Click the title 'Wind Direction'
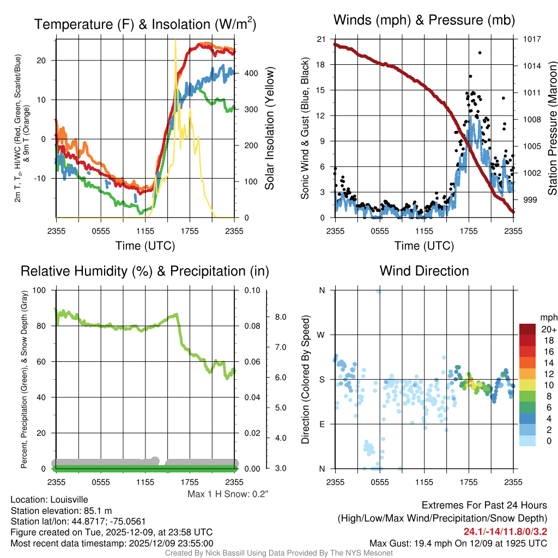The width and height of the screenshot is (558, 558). click(424, 271)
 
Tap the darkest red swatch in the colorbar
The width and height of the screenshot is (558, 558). click(527, 329)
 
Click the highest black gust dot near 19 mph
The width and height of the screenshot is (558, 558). click(480, 53)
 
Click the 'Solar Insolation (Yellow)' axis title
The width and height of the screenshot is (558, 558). click(269, 129)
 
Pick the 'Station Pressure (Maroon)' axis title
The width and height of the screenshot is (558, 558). click(552, 129)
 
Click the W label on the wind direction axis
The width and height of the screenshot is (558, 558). click(322, 335)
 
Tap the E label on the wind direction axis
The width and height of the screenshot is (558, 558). click(322, 424)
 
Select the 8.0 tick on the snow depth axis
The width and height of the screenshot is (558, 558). click(281, 317)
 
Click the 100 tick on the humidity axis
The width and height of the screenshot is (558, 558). click(39, 290)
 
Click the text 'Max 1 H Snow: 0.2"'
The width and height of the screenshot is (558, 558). click(228, 494)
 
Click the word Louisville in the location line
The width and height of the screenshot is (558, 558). click(66, 499)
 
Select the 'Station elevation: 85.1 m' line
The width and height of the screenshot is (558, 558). click(61, 510)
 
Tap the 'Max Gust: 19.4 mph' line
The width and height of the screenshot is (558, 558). click(458, 543)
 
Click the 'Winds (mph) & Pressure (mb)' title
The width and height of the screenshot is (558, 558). click(424, 21)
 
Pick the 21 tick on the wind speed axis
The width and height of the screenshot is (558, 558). click(320, 39)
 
